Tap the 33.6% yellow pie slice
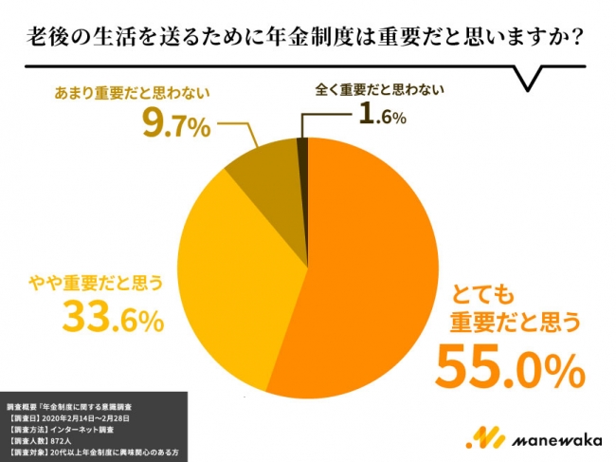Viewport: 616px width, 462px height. pyautogui.click(x=237, y=285)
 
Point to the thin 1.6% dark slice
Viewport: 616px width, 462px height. pyautogui.click(x=303, y=152)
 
